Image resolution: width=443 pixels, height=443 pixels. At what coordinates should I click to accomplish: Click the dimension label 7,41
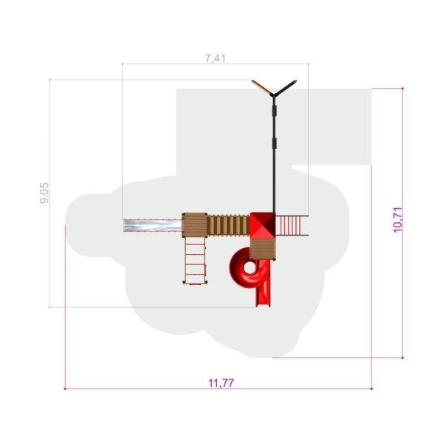(x=216, y=58)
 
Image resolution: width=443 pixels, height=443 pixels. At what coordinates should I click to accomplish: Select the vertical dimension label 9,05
(x=44, y=193)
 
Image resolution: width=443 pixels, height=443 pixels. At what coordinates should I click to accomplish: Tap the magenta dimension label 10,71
(x=397, y=219)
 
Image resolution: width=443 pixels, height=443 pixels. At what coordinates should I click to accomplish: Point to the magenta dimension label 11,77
(x=221, y=383)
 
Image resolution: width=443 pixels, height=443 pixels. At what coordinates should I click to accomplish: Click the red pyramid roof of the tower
(x=263, y=225)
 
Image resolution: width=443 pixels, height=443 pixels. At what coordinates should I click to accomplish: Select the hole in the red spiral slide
(x=250, y=267)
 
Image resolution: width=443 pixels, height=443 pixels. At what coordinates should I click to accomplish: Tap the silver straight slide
(x=153, y=225)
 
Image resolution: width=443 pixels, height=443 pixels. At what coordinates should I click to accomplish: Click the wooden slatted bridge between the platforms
(x=228, y=225)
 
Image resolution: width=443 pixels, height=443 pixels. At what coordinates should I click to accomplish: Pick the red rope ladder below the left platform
(x=195, y=260)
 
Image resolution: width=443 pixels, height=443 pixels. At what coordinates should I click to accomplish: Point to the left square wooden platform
(x=194, y=225)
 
